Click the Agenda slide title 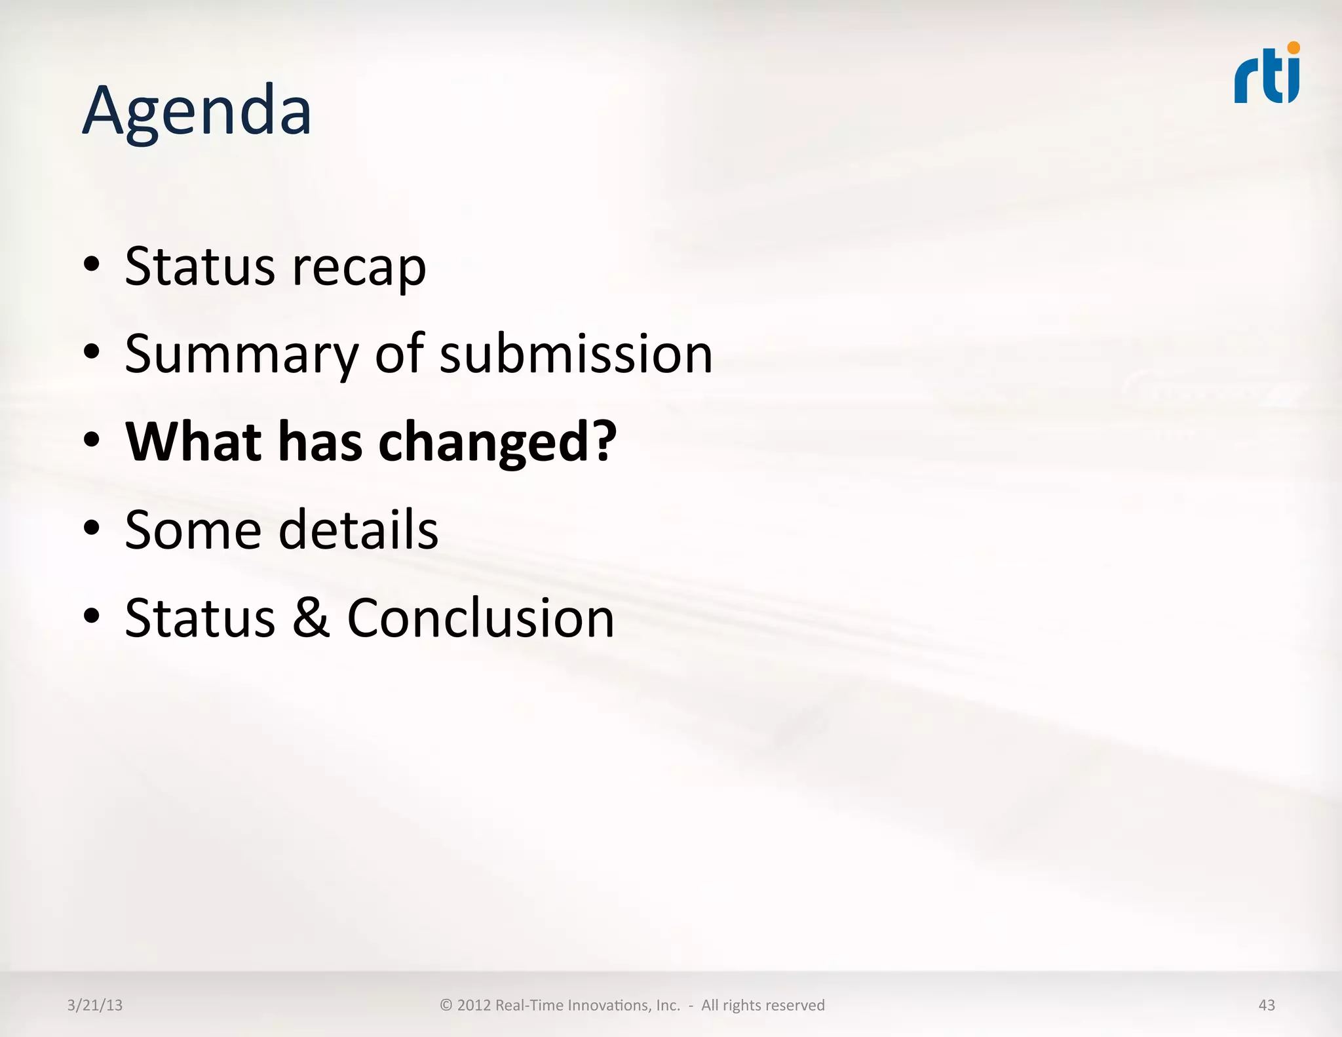[197, 111]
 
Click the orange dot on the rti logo [1293, 48]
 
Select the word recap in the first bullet [358, 267]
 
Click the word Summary [241, 355]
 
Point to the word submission [576, 355]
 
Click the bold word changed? [497, 442]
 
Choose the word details [358, 530]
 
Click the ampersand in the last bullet [311, 617]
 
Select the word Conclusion [480, 617]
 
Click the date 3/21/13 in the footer [95, 1006]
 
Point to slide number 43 [1267, 1006]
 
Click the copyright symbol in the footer [446, 1006]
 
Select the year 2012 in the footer [474, 1006]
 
